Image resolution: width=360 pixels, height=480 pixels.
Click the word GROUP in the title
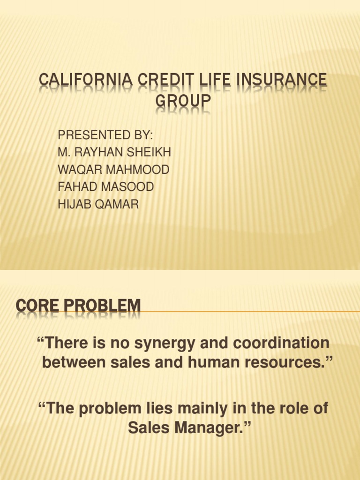[183, 102]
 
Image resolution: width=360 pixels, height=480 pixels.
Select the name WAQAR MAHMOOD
[113, 170]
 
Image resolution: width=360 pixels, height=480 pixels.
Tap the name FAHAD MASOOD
[105, 187]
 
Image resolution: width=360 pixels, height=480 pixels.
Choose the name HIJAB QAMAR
[98, 204]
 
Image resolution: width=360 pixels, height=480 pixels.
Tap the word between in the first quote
[71, 362]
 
